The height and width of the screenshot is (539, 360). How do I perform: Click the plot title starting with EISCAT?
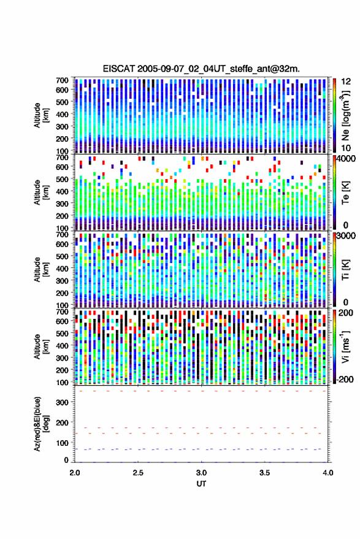[201, 69]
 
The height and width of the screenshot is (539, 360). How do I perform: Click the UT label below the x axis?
[201, 484]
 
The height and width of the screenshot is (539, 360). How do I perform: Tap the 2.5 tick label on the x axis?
[138, 473]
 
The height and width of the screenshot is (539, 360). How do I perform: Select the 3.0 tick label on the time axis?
[201, 473]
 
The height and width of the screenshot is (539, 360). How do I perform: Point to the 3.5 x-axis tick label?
[264, 473]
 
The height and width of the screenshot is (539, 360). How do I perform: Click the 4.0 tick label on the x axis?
[327, 473]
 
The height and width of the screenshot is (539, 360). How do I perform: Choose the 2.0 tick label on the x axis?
[75, 473]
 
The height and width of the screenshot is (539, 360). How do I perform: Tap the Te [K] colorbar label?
[345, 193]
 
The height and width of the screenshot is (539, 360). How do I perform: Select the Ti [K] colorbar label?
[345, 269]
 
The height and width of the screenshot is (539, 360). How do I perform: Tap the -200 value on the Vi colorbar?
[345, 380]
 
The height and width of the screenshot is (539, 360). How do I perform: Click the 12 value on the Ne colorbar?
[346, 82]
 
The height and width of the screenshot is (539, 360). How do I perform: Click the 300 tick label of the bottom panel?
[62, 402]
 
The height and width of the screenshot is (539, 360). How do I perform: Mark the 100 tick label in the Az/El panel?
[62, 443]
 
